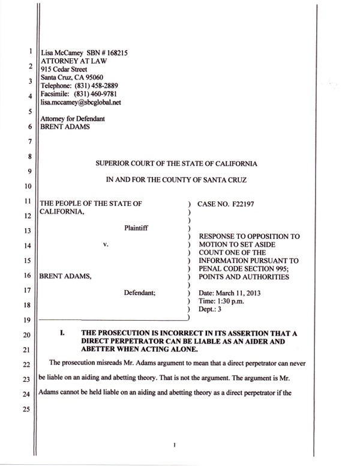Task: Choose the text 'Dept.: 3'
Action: click(x=210, y=309)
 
